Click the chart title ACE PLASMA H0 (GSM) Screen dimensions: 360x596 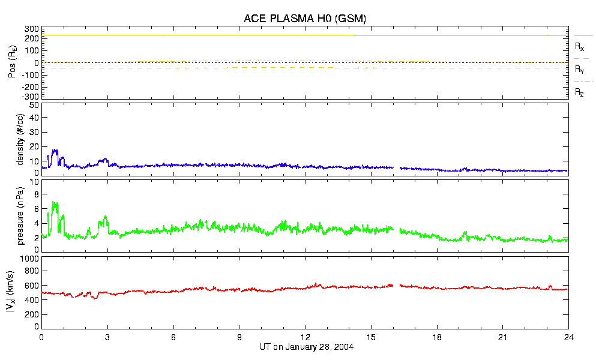click(304, 19)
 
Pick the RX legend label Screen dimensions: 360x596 click(580, 46)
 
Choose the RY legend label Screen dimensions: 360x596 click(580, 70)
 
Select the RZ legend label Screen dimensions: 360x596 click(580, 92)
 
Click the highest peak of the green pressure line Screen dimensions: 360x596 click(55, 202)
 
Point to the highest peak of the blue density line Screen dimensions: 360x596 click(55, 150)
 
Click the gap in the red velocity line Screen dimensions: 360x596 click(397, 286)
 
